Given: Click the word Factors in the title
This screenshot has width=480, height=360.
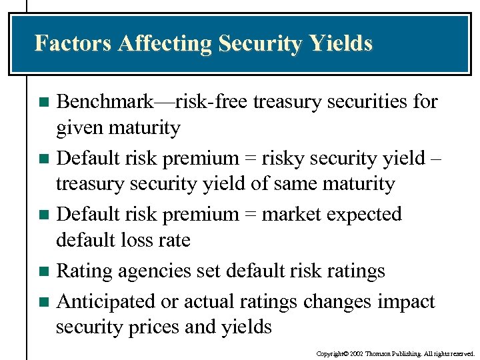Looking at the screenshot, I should click(x=73, y=43).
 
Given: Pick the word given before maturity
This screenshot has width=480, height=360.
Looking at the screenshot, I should click(x=81, y=128).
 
